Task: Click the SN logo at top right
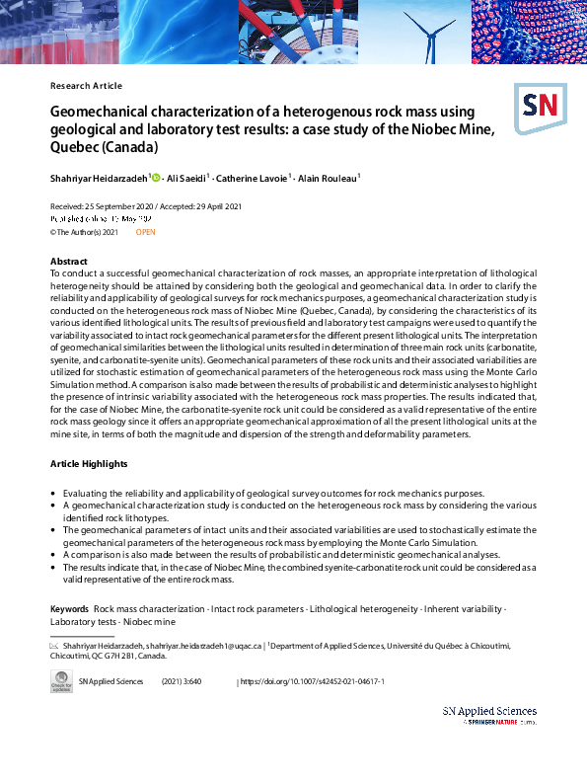pyautogui.click(x=540, y=106)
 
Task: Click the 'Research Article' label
pyautogui.click(x=86, y=86)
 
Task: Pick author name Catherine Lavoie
pyautogui.click(x=258, y=178)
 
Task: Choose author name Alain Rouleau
pyautogui.click(x=329, y=178)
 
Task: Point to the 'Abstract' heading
pyautogui.click(x=69, y=261)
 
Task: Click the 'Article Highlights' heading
pyautogui.click(x=90, y=463)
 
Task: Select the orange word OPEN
pyautogui.click(x=145, y=231)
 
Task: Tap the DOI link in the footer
pyautogui.click(x=313, y=681)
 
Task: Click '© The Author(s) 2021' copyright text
pyautogui.click(x=84, y=231)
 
